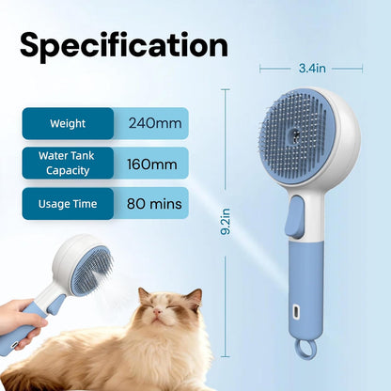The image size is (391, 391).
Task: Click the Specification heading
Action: (x=124, y=44)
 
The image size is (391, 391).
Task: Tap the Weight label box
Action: (x=68, y=123)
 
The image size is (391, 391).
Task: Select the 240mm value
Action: (x=152, y=123)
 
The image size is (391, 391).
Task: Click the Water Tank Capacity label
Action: (x=67, y=164)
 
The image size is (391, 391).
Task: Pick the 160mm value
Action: (x=152, y=164)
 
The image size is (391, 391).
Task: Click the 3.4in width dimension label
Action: (x=311, y=68)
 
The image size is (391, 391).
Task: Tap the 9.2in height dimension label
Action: (x=224, y=226)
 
